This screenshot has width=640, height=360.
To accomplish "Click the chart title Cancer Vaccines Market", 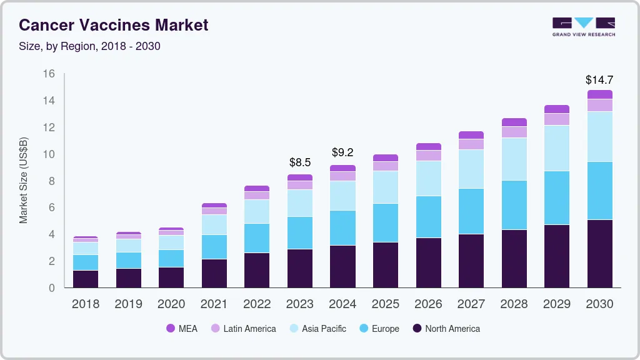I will pos(113,25).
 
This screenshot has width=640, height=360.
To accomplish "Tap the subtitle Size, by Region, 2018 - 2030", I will pos(89,46).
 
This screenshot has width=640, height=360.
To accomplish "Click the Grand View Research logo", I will pos(583,26).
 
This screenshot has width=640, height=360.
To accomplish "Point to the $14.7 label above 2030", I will pos(599,80).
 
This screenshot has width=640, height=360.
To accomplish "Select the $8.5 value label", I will pos(300,162).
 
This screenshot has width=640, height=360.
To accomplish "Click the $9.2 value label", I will pos(342,152).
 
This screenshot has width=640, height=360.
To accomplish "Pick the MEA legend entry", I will pos(182,329).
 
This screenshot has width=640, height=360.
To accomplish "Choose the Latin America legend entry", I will pos(243,329).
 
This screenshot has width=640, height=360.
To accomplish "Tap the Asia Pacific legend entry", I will pos(317,329).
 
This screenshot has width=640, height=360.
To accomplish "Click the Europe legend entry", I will pos(379,329).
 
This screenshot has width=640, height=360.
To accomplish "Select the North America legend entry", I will pos(446,329).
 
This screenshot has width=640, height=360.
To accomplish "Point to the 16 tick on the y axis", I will pos(49,74).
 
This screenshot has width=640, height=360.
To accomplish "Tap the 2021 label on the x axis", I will pos(214,304).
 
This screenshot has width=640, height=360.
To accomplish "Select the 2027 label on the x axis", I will pos(471,304).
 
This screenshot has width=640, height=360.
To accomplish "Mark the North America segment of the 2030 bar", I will pos(599,254).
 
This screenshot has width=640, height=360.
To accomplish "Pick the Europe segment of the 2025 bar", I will pos(386,222).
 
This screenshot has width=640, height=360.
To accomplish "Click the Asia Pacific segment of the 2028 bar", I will pos(514,159).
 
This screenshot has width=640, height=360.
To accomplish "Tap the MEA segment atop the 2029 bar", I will pos(557,109).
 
